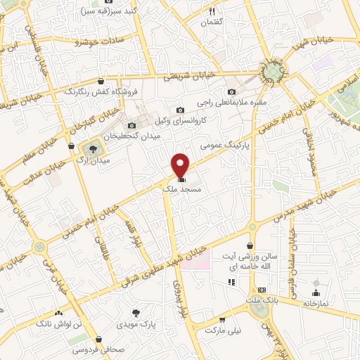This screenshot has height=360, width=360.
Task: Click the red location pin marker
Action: [x=181, y=165]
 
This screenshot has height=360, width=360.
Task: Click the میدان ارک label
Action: [x=97, y=161]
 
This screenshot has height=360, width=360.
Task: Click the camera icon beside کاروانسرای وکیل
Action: [x=181, y=110]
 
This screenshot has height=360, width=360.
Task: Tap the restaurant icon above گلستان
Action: [x=212, y=11]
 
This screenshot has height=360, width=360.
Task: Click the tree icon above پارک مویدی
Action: [x=136, y=311]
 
